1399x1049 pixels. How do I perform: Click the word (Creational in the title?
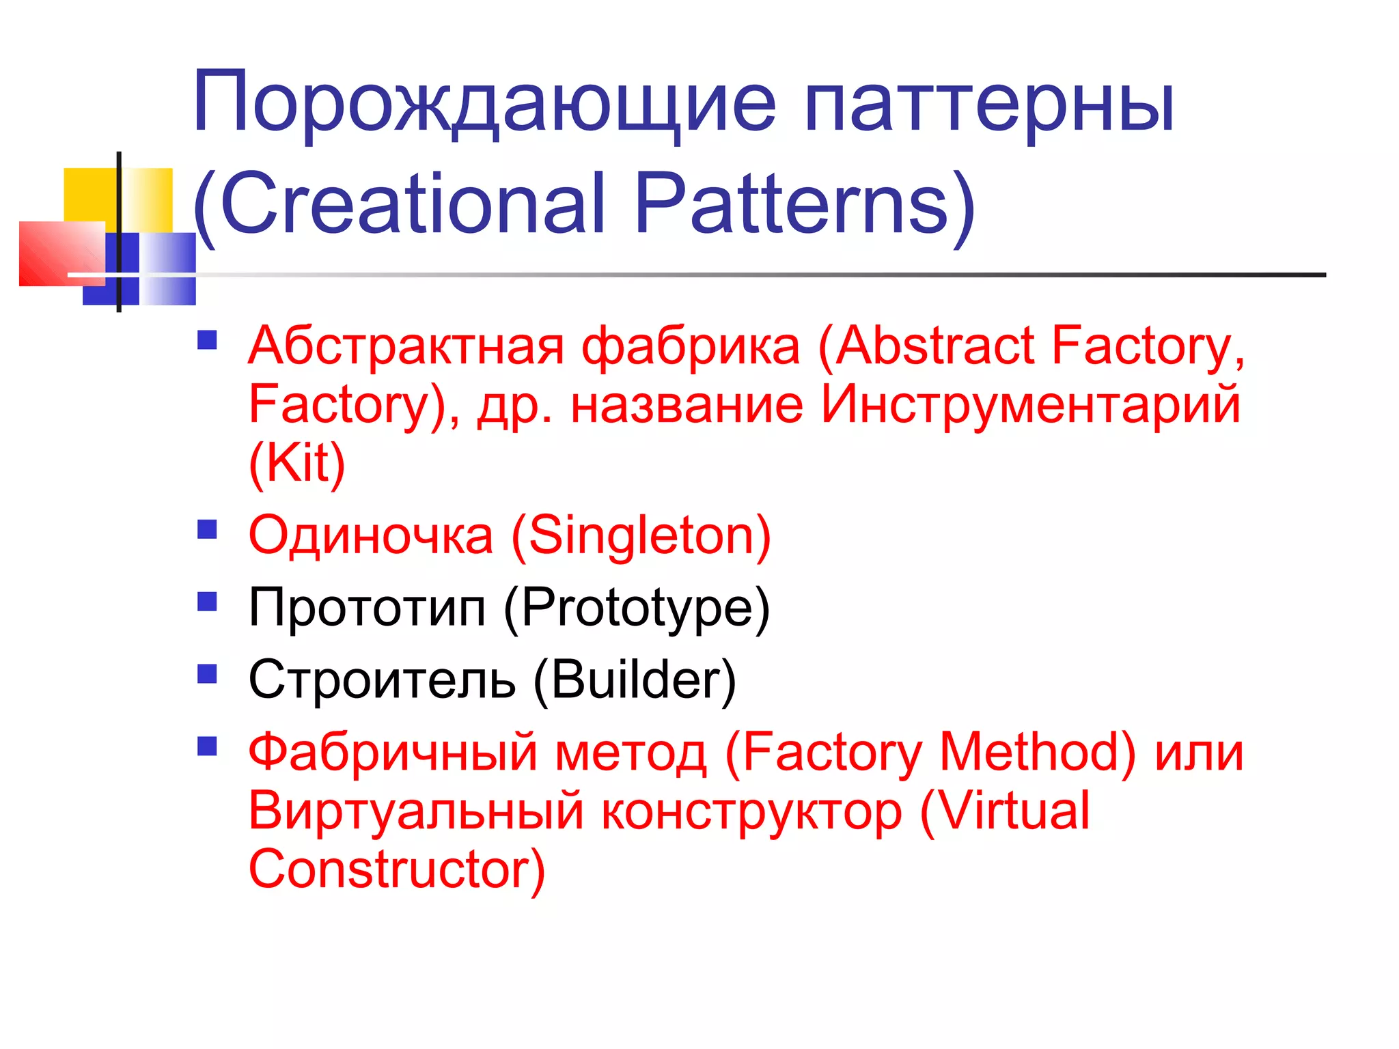coord(399,205)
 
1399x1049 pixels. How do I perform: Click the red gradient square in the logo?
coord(58,253)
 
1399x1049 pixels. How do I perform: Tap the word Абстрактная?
coord(406,347)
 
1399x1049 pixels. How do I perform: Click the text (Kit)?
coord(296,463)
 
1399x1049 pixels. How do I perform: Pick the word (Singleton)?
coord(641,536)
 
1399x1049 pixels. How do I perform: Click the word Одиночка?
coord(370,536)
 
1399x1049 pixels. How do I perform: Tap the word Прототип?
coord(367,608)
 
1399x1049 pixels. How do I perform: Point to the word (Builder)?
coord(634,680)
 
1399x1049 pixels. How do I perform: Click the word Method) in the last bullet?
coord(1038,753)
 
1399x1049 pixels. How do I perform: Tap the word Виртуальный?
coord(415,811)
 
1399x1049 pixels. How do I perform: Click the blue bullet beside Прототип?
coord(207,601)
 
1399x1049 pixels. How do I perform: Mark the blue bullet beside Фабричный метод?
coord(207,746)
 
